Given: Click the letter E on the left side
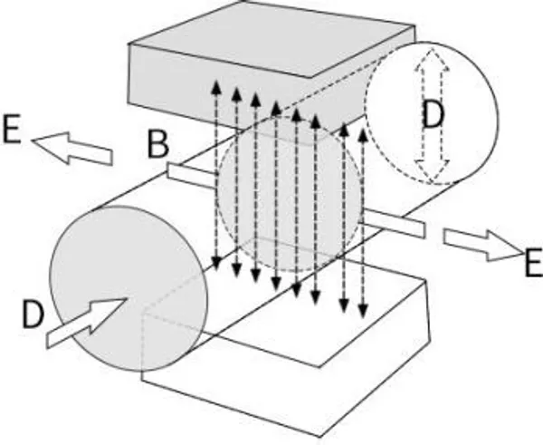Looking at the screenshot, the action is (11, 129).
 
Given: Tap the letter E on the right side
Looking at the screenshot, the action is (533, 262).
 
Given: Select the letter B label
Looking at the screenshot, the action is (157, 145).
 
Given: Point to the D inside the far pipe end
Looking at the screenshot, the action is (433, 115).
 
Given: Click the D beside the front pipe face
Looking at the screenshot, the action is (33, 314).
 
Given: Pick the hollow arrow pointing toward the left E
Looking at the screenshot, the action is (72, 148).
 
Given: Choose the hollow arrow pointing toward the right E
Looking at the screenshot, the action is (483, 245).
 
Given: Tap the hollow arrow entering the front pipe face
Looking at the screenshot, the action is (87, 322).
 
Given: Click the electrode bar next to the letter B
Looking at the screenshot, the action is (193, 176).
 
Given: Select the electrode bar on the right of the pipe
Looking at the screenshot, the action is (393, 224).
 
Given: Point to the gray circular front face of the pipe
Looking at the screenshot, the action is (129, 288).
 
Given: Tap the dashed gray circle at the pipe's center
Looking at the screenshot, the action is (290, 194).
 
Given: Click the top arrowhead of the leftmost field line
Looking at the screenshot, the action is (216, 87).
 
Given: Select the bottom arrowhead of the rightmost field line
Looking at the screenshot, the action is (363, 310).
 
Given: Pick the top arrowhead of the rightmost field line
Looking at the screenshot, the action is (363, 135).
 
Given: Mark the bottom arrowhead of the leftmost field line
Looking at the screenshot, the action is (216, 263).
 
